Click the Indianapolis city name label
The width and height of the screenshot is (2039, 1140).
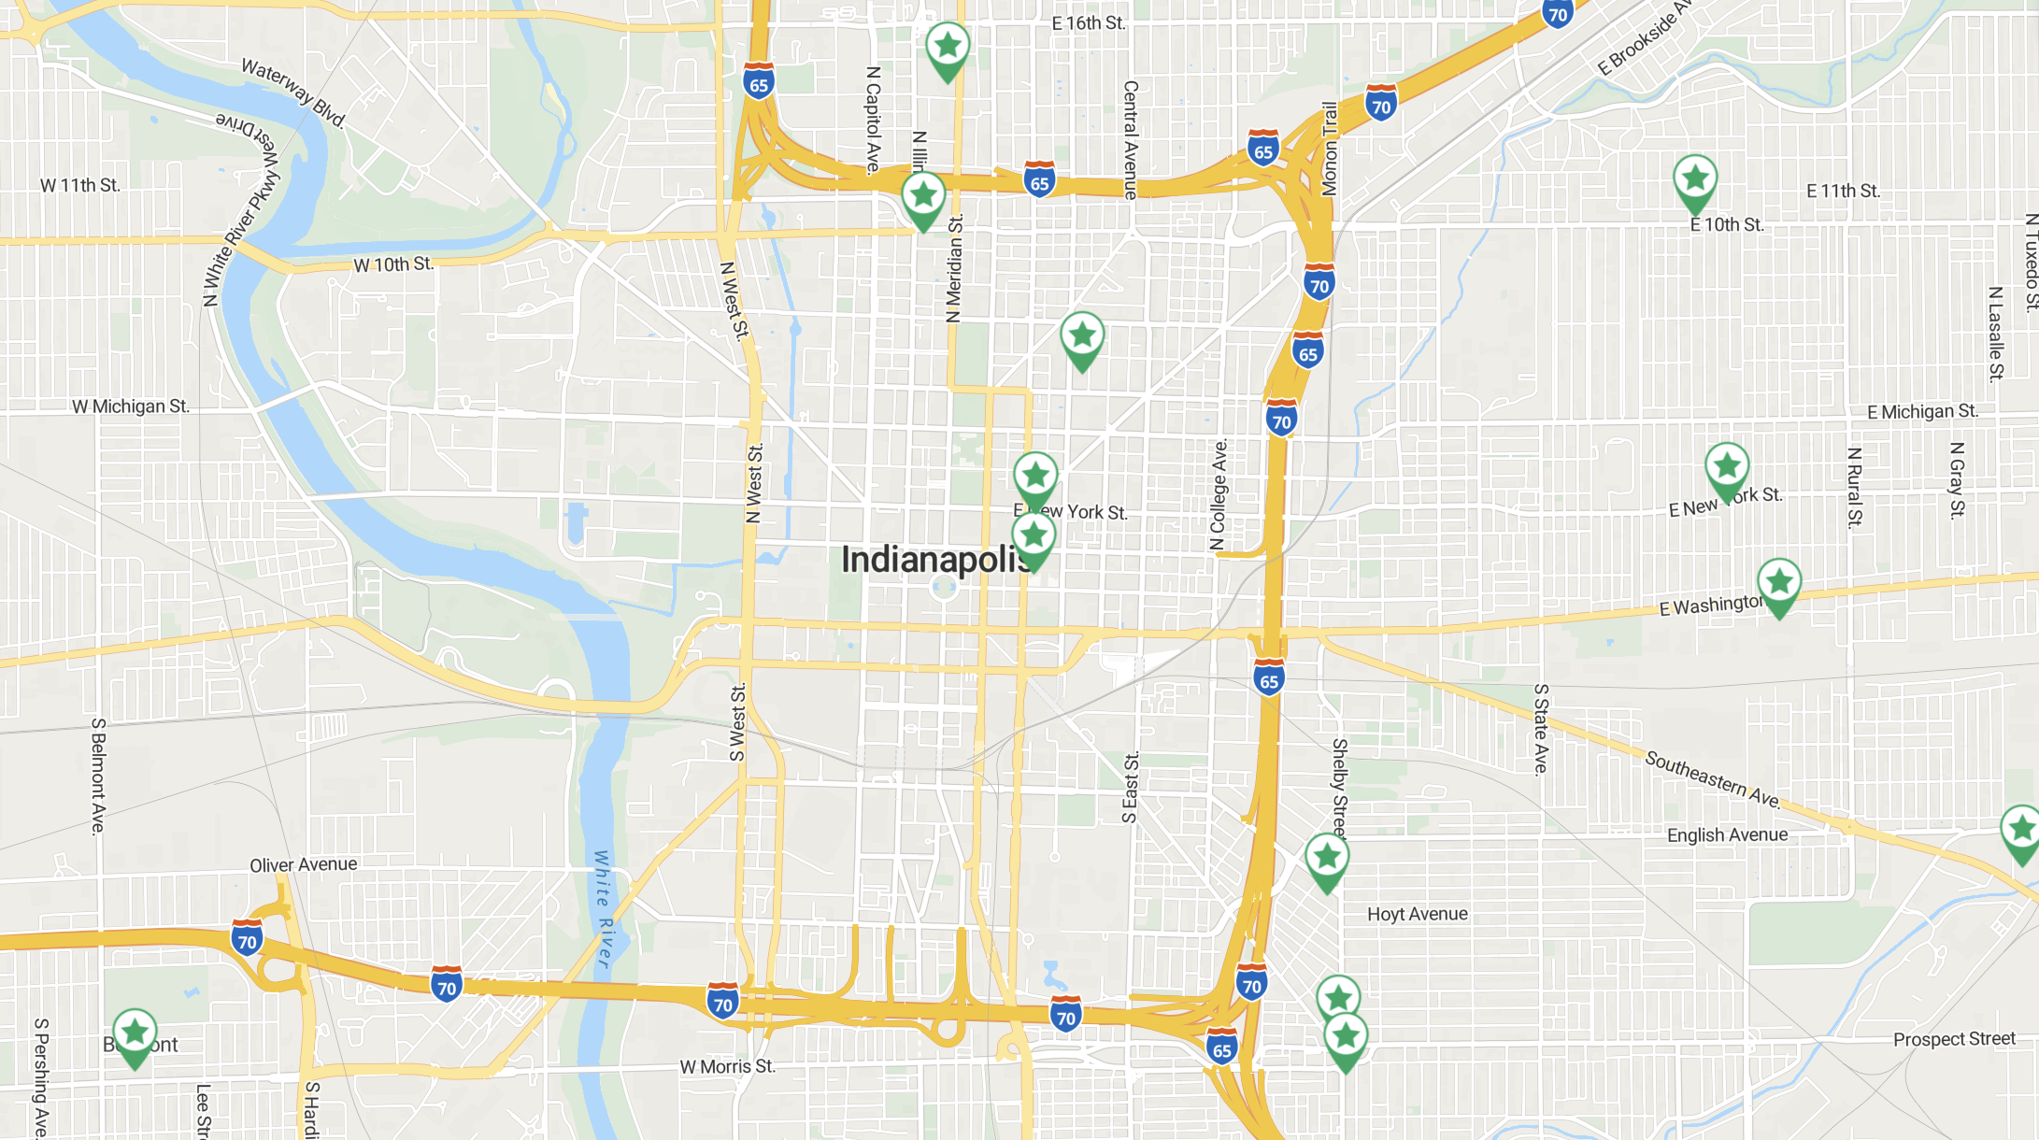pyautogui.click(x=934, y=560)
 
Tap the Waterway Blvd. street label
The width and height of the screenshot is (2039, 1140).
pyautogui.click(x=293, y=93)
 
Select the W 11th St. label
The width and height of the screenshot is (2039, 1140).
pyautogui.click(x=80, y=185)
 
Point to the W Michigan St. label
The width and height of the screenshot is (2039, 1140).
pyautogui.click(x=131, y=406)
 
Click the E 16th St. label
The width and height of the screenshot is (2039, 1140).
pyautogui.click(x=1089, y=23)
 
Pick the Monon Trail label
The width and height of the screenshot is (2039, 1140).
pyautogui.click(x=1329, y=150)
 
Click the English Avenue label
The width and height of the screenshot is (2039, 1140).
pyautogui.click(x=1727, y=834)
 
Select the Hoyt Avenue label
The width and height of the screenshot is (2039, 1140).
pyautogui.click(x=1417, y=914)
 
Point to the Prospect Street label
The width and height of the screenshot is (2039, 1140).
pyautogui.click(x=1954, y=1039)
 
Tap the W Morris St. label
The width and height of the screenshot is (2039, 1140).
pyautogui.click(x=727, y=1066)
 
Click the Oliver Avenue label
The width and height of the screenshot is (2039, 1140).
pyautogui.click(x=303, y=864)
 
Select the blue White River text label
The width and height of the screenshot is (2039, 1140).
pyautogui.click(x=604, y=909)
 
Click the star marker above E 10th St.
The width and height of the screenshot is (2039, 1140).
pyautogui.click(x=1694, y=178)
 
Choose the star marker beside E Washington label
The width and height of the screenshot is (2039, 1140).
pyautogui.click(x=1778, y=583)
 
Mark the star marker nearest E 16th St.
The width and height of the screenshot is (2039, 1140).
pyautogui.click(x=948, y=47)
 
